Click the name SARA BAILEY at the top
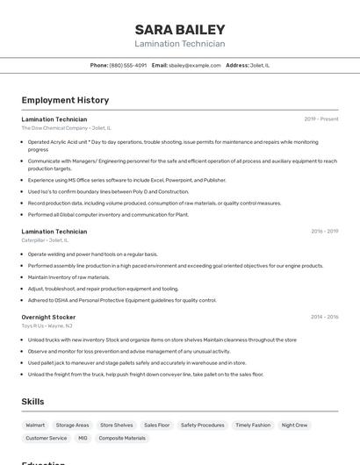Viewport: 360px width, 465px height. (180, 29)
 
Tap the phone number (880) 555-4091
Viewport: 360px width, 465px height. (128, 65)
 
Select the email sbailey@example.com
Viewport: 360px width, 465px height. (195, 65)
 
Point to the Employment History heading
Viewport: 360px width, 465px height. (65, 100)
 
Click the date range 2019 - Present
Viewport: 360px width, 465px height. (321, 118)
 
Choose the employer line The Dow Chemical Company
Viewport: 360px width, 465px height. (66, 128)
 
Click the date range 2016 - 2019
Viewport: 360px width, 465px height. (324, 231)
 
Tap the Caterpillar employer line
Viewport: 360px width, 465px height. (45, 240)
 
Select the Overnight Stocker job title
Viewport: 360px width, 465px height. (48, 317)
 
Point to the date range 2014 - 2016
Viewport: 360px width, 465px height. (324, 317)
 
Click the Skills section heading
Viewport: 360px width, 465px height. (32, 401)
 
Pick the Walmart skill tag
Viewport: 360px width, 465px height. (35, 425)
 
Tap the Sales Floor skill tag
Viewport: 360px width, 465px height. (156, 425)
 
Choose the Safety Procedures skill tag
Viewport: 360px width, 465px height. (203, 425)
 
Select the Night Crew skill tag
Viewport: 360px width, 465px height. (294, 425)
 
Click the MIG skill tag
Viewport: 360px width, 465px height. (83, 438)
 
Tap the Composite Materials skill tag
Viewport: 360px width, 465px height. (122, 438)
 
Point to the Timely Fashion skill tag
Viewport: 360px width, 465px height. (253, 425)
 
